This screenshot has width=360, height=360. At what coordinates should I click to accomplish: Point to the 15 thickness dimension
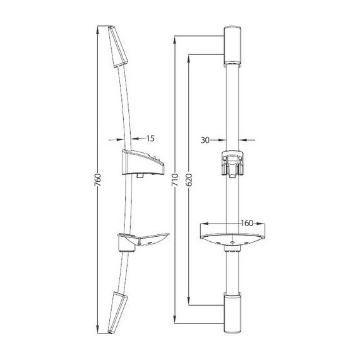150,138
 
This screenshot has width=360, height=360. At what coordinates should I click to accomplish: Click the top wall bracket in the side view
120,47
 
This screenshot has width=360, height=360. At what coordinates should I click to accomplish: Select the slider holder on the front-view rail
232,164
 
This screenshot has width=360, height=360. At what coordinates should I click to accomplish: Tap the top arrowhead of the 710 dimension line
175,39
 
